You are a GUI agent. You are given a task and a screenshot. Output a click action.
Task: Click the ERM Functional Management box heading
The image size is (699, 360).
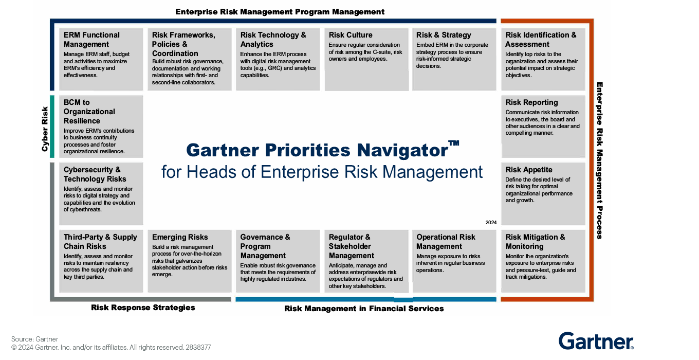pos(91,40)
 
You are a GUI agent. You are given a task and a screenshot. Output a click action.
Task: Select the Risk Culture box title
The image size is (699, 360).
pos(351,35)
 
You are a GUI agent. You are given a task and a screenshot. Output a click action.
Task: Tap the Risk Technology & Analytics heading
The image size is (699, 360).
pos(273,40)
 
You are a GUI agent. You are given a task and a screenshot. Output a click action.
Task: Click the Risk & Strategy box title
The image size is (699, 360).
pos(444,35)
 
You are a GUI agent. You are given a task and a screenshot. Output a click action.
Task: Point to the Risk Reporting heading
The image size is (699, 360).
pos(531,102)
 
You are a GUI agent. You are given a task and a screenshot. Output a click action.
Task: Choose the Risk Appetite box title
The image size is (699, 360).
pos(529,170)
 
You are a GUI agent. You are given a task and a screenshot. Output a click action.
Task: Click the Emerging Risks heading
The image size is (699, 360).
pos(180,237)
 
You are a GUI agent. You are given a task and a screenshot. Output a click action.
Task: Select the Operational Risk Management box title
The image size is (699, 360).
pos(446,242)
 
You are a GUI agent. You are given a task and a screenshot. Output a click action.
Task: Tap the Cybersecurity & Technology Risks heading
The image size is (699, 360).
pos(95,174)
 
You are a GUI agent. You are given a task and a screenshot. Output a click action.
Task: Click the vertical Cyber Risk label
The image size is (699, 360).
pos(45,129)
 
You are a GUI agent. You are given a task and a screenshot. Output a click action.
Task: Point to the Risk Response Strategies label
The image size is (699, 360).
pos(143,308)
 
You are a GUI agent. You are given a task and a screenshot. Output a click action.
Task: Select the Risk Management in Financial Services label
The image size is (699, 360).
pos(364,309)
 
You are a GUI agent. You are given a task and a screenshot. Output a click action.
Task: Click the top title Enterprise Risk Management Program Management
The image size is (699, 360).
pos(280,11)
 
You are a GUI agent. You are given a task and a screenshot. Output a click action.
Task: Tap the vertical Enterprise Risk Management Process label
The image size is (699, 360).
pos(599,160)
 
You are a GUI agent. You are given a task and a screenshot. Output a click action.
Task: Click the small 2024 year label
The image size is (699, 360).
pos(491,223)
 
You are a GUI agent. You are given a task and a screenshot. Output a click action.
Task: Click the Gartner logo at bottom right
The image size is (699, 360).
pos(596,341)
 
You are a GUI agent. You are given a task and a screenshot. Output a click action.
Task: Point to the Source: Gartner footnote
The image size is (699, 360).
pos(34,339)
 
